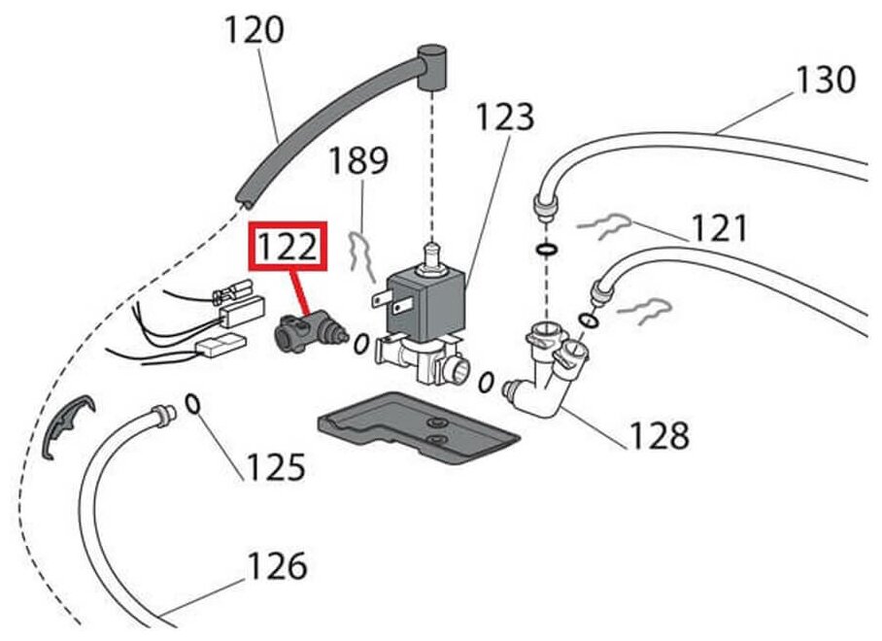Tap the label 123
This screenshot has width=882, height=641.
click(505, 118)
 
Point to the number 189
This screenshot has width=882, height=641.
click(358, 161)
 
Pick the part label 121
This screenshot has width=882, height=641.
click(720, 229)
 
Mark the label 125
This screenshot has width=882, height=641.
click(275, 468)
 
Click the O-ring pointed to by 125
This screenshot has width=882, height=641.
click(192, 403)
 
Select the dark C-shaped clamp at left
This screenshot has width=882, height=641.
click(63, 424)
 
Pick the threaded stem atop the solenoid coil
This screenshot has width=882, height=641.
click(427, 257)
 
